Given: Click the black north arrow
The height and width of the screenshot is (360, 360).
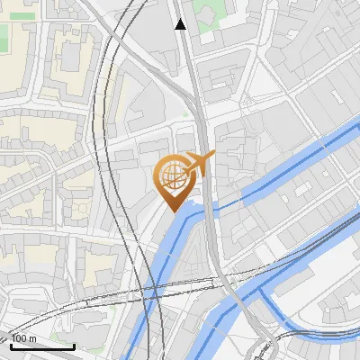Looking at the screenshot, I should pos(181,23).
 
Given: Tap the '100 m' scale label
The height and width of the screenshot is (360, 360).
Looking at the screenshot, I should pos(24,338).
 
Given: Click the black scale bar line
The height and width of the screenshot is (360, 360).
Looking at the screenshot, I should pos(42,346).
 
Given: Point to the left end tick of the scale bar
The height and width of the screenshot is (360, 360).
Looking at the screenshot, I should pos(11,345).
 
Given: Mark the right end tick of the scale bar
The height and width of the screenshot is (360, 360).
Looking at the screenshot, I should pos(74,345).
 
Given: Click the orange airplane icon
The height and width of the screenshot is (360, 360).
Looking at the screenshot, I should pos(199,164).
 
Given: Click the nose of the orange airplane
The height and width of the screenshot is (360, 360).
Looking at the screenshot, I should pos(214,154).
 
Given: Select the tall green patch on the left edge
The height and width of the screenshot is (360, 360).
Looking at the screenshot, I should pos(4,36).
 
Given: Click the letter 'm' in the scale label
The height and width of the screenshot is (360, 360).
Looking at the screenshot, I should pos(32,338).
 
